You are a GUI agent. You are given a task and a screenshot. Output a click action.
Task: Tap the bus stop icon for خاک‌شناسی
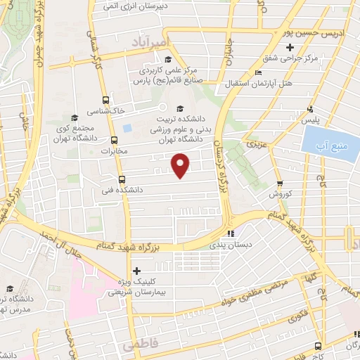pyautogui.click(x=105, y=100)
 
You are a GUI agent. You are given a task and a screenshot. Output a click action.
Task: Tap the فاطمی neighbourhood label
pyautogui.click(x=136, y=347)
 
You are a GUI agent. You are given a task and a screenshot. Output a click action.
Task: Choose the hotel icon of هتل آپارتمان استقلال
pyautogui.click(x=258, y=73)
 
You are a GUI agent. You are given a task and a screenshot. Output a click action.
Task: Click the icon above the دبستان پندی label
pyautogui.click(x=230, y=234)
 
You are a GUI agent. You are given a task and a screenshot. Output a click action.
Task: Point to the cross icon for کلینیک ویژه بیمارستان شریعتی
pyautogui.click(x=136, y=271)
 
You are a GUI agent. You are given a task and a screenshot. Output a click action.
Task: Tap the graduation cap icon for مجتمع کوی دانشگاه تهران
pyautogui.click(x=75, y=117)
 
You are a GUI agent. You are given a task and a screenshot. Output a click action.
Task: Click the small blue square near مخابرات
pyautogui.click(x=127, y=129)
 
